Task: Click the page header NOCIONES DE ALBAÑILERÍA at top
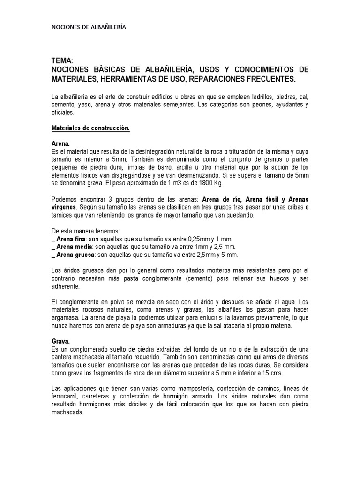[88, 28]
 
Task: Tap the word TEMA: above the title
[62, 61]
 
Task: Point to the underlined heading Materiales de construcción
[90, 128]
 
